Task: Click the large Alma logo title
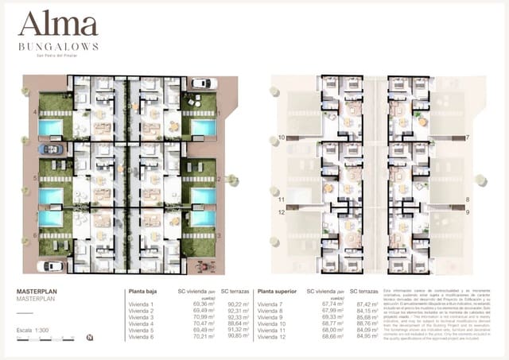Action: click(x=57, y=25)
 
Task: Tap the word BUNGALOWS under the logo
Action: click(x=58, y=47)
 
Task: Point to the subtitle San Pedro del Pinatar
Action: click(x=58, y=56)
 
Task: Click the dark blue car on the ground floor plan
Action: click(x=51, y=149)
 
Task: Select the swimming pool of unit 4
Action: click(x=51, y=128)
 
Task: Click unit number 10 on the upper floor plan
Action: click(x=282, y=137)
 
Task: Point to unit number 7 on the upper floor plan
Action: click(x=467, y=137)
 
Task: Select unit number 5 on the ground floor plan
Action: click(x=35, y=179)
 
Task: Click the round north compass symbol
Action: click(x=89, y=338)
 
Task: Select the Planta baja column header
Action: click(x=145, y=292)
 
